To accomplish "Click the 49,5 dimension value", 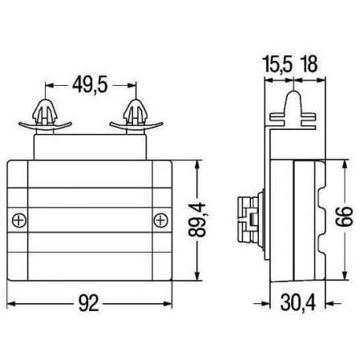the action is click(90, 84).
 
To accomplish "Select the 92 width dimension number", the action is click(89, 304).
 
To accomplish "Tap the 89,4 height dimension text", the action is click(197, 220).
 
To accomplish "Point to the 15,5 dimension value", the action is click(277, 64).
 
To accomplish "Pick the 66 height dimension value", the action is click(345, 216).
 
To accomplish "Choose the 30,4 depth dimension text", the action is click(297, 303).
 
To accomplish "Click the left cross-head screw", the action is click(19, 220).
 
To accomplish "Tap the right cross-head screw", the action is click(161, 220).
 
